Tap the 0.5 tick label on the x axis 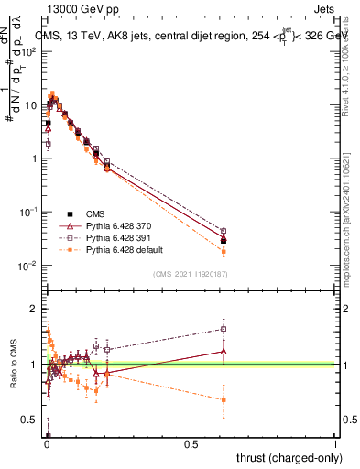[191, 444]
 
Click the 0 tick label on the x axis [46, 444]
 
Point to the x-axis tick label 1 [335, 444]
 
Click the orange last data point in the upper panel [224, 251]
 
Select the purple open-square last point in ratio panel [224, 329]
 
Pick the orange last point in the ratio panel [224, 399]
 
